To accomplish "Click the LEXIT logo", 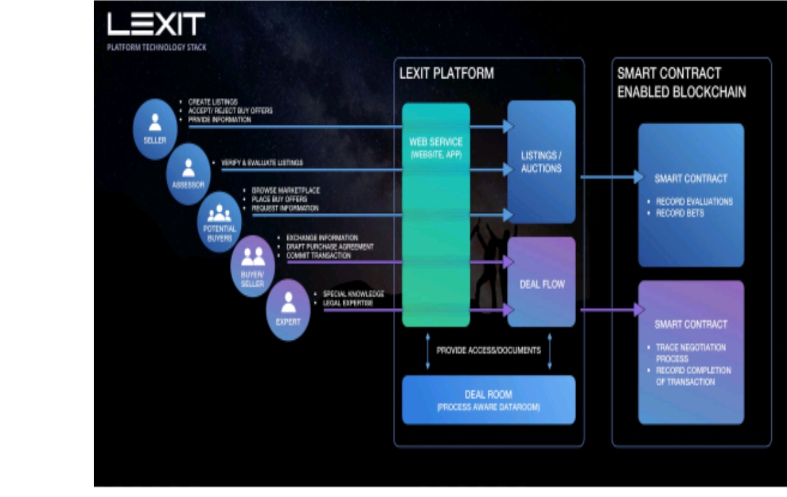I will (156, 24).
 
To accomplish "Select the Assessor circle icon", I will (188, 173).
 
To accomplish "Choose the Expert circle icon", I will (288, 309).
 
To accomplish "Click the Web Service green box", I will (436, 215).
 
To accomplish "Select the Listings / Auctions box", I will (541, 162).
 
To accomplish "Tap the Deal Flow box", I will (541, 283).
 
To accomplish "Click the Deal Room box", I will (489, 400).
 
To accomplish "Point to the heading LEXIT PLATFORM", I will (446, 74).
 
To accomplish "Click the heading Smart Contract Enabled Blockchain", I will (681, 82).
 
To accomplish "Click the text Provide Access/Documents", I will (489, 350).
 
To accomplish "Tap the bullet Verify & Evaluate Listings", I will (266, 163).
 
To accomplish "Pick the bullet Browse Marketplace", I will (286, 190).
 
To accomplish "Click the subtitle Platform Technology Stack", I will (157, 47).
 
